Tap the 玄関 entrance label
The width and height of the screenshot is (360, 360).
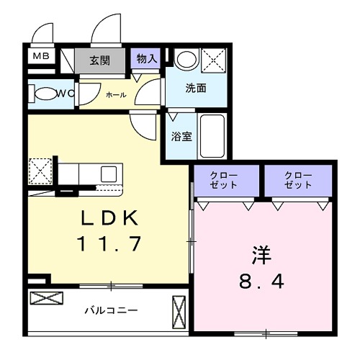pos(99,60)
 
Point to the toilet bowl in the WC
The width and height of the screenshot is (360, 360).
pos(46,94)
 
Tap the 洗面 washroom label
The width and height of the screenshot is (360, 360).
pos(196,89)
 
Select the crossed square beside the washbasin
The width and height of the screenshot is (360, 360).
pos(214,59)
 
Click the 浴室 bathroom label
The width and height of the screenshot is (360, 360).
pos(181,135)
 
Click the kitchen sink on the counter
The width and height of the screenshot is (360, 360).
pos(109,174)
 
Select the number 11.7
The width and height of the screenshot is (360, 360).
pos(109,244)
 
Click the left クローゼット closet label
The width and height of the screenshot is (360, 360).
pos(225,180)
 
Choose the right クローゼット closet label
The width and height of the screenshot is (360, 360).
pos(298,180)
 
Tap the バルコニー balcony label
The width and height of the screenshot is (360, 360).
pos(111,310)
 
